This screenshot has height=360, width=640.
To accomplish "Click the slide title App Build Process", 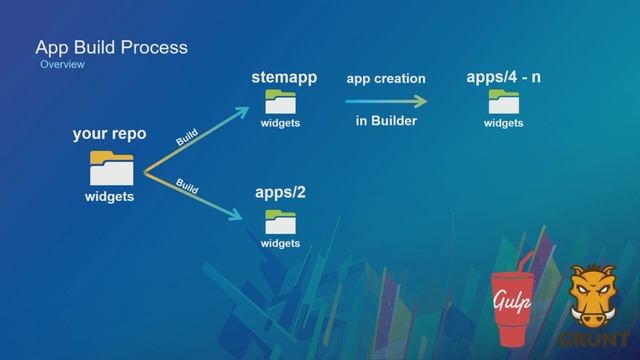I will pos(111,47).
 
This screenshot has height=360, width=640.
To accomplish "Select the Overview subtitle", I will pos(62,65).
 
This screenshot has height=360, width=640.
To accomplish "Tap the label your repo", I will pos(109,134).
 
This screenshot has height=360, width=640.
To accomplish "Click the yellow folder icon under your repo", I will pos(110,166).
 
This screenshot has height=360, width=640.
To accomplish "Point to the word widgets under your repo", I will pos(109,196).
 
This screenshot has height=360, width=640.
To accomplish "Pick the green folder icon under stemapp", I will pos(281,102).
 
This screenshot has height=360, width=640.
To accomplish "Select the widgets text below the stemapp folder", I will pos(281,124).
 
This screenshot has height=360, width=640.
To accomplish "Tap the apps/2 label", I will pos(280,192).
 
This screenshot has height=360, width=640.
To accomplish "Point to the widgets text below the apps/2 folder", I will pos(281,243).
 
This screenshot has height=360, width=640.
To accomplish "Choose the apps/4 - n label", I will pos(504,78).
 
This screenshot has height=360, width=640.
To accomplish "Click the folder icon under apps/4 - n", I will pos(503,102).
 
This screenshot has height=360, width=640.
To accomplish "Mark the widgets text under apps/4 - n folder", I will pos(504,124).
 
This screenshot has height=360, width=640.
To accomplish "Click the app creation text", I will pos(386,79).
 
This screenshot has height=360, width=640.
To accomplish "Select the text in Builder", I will pos(386,122).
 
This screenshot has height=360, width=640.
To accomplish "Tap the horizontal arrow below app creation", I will pos(386,101).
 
